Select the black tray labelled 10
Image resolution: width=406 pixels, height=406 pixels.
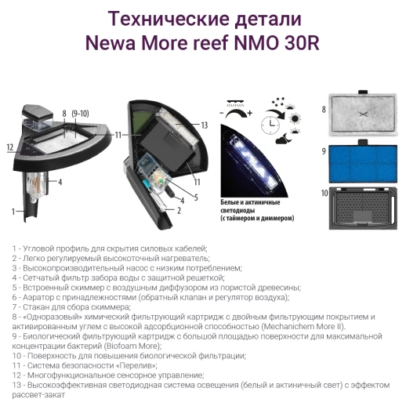(362, 211)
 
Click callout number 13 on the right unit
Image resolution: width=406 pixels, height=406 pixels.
(203, 125)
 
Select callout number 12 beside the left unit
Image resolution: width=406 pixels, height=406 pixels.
(10, 147)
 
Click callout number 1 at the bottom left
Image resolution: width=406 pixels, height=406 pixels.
(13, 211)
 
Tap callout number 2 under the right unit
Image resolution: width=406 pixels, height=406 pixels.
(179, 210)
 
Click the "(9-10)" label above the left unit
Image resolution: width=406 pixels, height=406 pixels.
(80, 114)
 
